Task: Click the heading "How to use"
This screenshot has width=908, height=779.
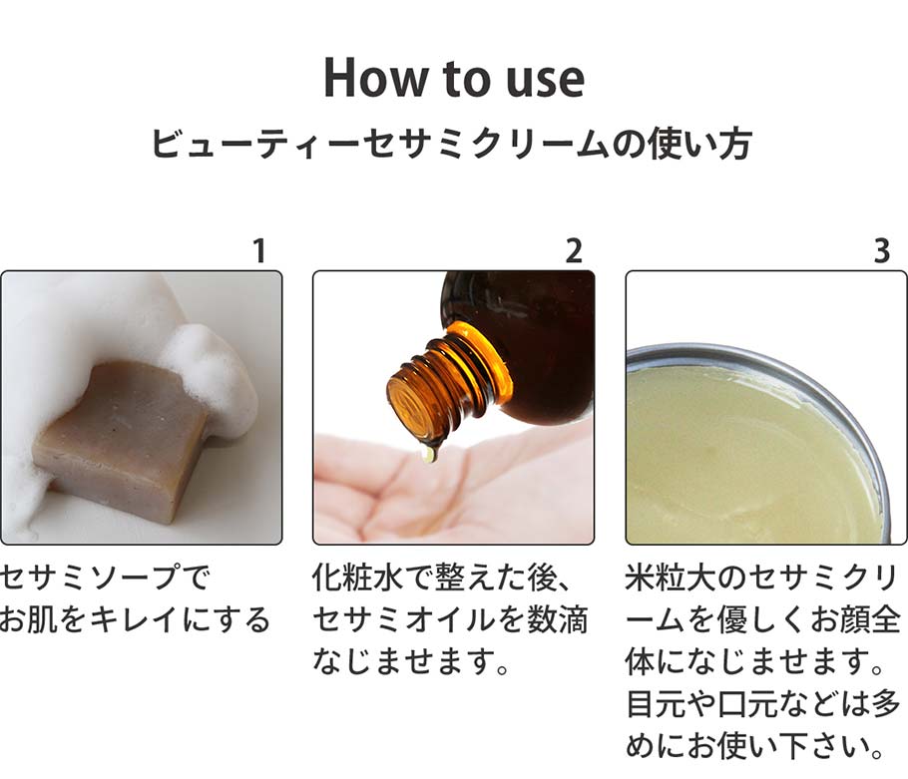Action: (x=454, y=78)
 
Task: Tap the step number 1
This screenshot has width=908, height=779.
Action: (x=259, y=251)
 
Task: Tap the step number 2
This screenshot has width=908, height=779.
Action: (x=573, y=251)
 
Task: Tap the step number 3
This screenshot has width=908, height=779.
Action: (x=881, y=251)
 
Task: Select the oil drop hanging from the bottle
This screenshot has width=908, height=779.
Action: (x=428, y=453)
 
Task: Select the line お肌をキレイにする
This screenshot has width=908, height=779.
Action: (x=135, y=620)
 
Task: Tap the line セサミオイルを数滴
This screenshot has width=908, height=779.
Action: (x=450, y=620)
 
